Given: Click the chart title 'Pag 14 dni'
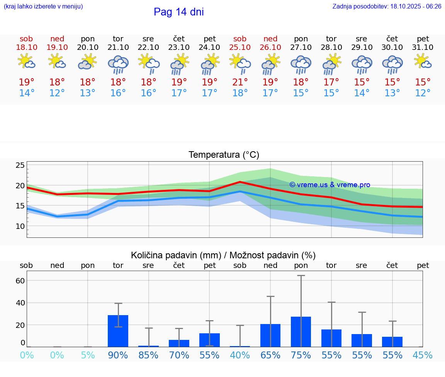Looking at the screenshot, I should coord(178,12).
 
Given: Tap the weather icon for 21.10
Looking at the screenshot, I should coord(118,64).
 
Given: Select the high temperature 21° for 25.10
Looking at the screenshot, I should coord(240,82).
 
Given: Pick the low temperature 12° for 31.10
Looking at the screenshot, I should coord(423,93).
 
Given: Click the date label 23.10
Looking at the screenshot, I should coord(179,47).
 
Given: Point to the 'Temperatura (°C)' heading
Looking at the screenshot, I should coord(224,155).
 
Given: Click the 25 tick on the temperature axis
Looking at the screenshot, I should coord(20,165).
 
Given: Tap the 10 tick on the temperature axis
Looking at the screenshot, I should coord(20,226).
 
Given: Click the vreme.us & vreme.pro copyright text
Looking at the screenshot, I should coord(330,185).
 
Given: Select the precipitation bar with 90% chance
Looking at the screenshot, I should coord(118,331).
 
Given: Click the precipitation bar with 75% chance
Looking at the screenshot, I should coord(301,332).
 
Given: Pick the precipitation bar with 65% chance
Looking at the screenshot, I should coord(270,335).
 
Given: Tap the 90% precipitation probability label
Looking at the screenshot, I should coord(118,355).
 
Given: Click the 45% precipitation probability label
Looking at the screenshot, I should coord(423,355).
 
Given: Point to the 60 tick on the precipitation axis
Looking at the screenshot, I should coord(20,280).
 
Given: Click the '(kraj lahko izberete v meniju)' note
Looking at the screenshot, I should coord(43,6).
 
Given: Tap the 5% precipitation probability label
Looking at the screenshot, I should coord(88,355).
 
